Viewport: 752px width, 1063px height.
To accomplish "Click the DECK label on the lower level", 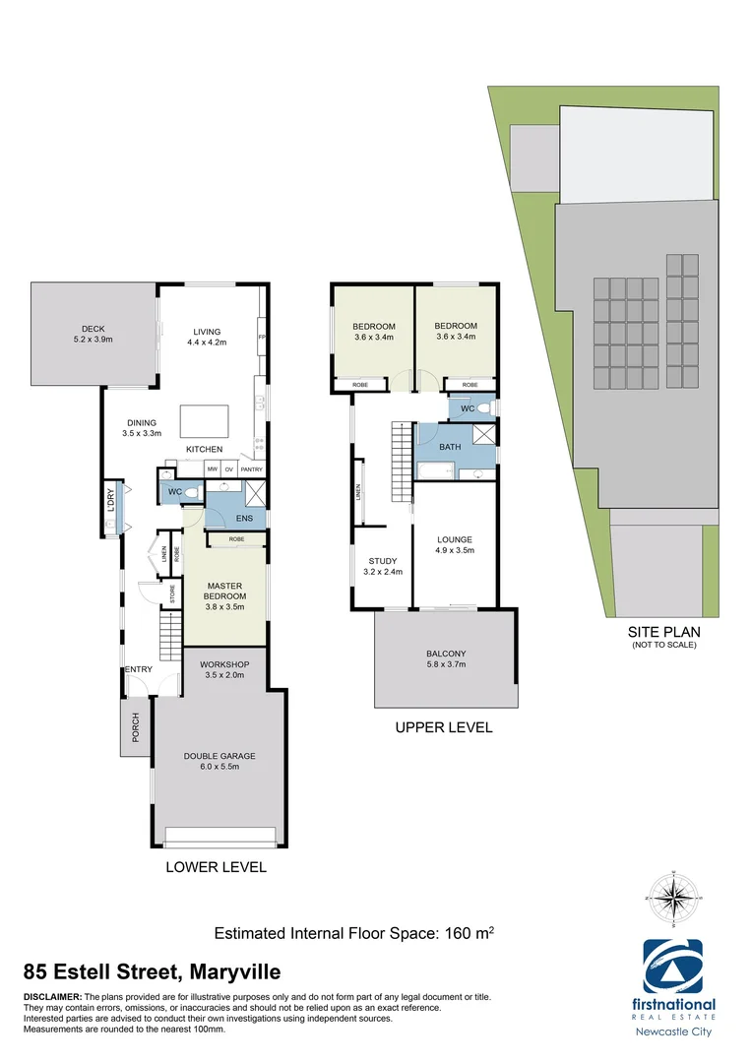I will tap(94, 329).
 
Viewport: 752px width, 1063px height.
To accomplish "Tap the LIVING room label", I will tap(207, 332).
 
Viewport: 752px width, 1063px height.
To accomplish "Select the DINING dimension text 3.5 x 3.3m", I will tap(141, 432).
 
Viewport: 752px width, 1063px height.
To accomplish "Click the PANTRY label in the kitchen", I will tap(251, 469).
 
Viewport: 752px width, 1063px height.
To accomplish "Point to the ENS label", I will tap(243, 518).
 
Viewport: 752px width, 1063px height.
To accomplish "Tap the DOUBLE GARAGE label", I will tap(219, 756).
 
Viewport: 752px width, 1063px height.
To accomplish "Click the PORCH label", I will tap(136, 727).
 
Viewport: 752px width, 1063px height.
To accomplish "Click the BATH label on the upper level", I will tap(450, 447).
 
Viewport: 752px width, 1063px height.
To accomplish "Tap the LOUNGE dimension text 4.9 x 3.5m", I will tap(456, 551).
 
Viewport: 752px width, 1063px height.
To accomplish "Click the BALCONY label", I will tap(446, 654).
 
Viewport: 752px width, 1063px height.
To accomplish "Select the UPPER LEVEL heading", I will tap(443, 728).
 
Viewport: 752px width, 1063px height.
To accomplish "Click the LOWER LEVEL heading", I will tap(217, 868).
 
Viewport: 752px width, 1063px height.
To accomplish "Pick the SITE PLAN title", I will tap(663, 633).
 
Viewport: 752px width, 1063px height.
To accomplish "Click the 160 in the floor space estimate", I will tap(450, 933).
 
